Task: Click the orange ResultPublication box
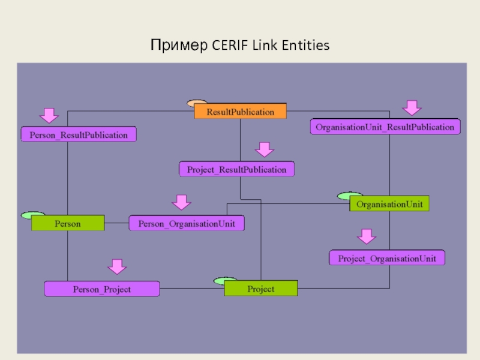coord(240,112)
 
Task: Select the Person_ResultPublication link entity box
coord(79,134)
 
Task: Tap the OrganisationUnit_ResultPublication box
coord(385,127)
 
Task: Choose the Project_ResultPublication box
coord(237,169)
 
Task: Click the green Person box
coord(68,223)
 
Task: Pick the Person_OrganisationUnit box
coord(187,223)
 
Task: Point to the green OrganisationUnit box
coord(389,204)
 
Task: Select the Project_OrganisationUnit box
coord(387,258)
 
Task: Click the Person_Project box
coord(102,289)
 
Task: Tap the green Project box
coord(261,289)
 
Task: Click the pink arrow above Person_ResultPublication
coord(49,115)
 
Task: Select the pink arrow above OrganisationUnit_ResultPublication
coord(412,107)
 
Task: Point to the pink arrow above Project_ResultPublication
coord(264,149)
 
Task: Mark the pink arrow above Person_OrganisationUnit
coord(181,202)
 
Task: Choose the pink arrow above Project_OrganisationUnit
coord(365,236)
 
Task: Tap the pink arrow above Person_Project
coord(117,267)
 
